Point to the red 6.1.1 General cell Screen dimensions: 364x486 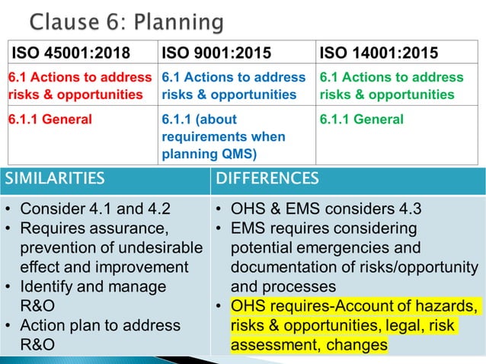[x=50, y=120]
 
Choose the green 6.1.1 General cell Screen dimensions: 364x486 [x=362, y=120]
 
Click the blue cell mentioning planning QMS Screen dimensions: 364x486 [x=224, y=136]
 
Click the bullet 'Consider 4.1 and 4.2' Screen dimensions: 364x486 [x=95, y=209]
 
